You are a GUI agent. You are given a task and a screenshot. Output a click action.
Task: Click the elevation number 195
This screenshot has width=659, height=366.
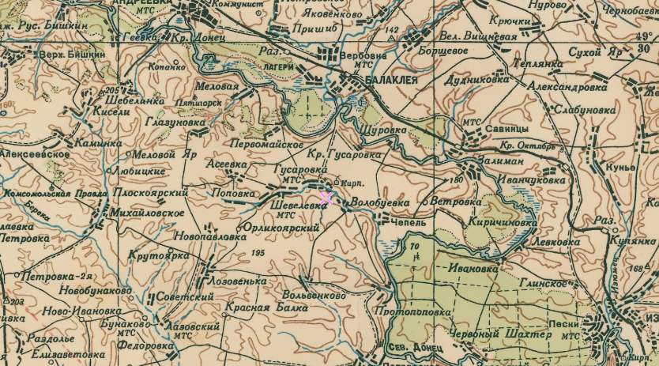(257, 253)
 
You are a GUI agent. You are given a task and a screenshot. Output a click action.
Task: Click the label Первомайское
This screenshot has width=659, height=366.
(267, 145)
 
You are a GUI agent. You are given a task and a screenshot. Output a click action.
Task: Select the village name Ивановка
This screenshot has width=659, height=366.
(473, 268)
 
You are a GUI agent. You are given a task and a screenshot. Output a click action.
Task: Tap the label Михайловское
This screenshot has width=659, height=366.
(149, 213)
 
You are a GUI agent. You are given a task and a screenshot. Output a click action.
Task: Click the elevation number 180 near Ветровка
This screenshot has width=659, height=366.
(455, 181)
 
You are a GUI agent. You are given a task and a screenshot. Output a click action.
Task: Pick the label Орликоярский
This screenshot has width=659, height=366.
(282, 228)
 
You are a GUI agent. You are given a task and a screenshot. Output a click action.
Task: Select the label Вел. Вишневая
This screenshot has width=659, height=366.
(478, 36)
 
